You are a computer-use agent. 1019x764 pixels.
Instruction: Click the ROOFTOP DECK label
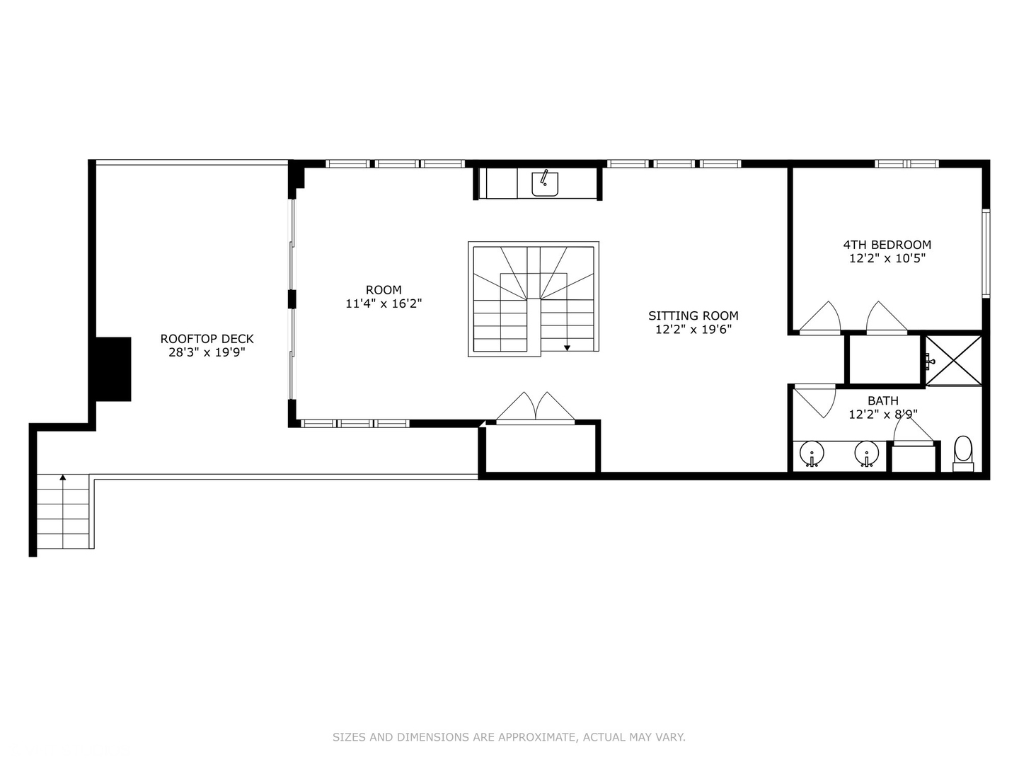207,339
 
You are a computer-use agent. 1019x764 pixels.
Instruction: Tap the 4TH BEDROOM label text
887,245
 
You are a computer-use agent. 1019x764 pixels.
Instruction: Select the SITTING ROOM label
693,316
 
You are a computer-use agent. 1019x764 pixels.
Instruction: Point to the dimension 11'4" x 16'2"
384,303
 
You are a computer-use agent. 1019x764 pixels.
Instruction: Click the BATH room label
882,400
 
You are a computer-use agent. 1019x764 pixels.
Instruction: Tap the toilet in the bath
963,453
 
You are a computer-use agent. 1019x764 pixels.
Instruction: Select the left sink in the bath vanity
811,453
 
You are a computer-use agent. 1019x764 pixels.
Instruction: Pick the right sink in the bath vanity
866,453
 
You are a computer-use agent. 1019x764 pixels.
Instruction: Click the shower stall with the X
954,360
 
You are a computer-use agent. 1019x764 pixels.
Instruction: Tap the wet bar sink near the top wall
545,183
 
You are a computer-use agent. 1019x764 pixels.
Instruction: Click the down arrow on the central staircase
567,347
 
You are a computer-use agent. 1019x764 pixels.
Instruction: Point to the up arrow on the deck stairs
63,479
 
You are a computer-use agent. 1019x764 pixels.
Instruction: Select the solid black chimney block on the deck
113,369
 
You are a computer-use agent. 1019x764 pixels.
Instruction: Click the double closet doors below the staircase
535,409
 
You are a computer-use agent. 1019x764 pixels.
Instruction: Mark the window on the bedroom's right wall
985,251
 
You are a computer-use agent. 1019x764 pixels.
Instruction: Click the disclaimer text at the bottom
509,737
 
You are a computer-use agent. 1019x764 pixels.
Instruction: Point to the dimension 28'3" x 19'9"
207,352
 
